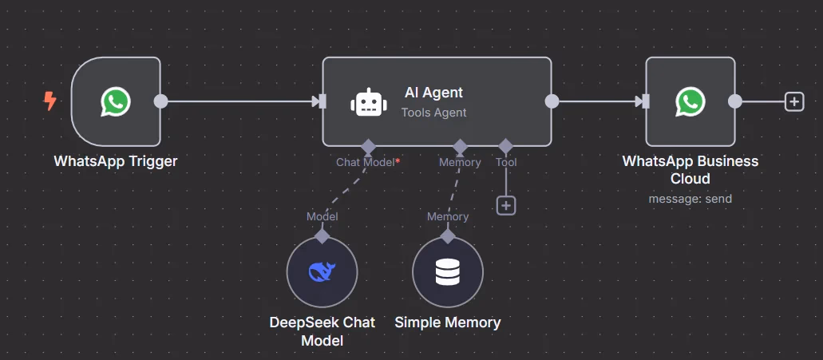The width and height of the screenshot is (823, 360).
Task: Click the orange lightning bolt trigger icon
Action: pos(50,101)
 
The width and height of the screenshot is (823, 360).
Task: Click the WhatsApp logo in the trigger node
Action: pos(116,101)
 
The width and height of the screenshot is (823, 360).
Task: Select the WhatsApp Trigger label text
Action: pos(116,161)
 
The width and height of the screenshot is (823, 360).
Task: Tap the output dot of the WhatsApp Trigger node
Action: pos(160,101)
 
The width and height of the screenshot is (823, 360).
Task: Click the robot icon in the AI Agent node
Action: pos(366,103)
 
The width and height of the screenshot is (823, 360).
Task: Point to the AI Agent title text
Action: pos(433,93)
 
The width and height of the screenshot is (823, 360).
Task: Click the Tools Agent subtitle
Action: pos(433,113)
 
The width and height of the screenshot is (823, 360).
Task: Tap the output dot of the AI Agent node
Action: pos(551,101)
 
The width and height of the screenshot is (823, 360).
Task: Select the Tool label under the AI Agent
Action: pos(506,162)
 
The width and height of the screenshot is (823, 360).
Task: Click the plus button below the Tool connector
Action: pos(506,205)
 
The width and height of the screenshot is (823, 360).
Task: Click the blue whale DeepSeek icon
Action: pos(322,272)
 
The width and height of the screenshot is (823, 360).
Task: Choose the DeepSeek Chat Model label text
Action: pos(322,331)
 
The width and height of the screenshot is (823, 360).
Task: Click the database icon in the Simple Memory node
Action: pos(447,272)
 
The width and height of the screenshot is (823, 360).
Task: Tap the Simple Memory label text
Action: pos(447,322)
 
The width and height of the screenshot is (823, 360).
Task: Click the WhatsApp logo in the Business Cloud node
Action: pos(690,101)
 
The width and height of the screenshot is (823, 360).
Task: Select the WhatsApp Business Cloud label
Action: pos(690,169)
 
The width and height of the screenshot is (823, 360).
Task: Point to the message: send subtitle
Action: pos(690,199)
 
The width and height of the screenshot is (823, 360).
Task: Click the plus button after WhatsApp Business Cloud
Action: pos(793,101)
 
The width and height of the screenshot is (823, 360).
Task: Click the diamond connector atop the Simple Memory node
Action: pos(447,236)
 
